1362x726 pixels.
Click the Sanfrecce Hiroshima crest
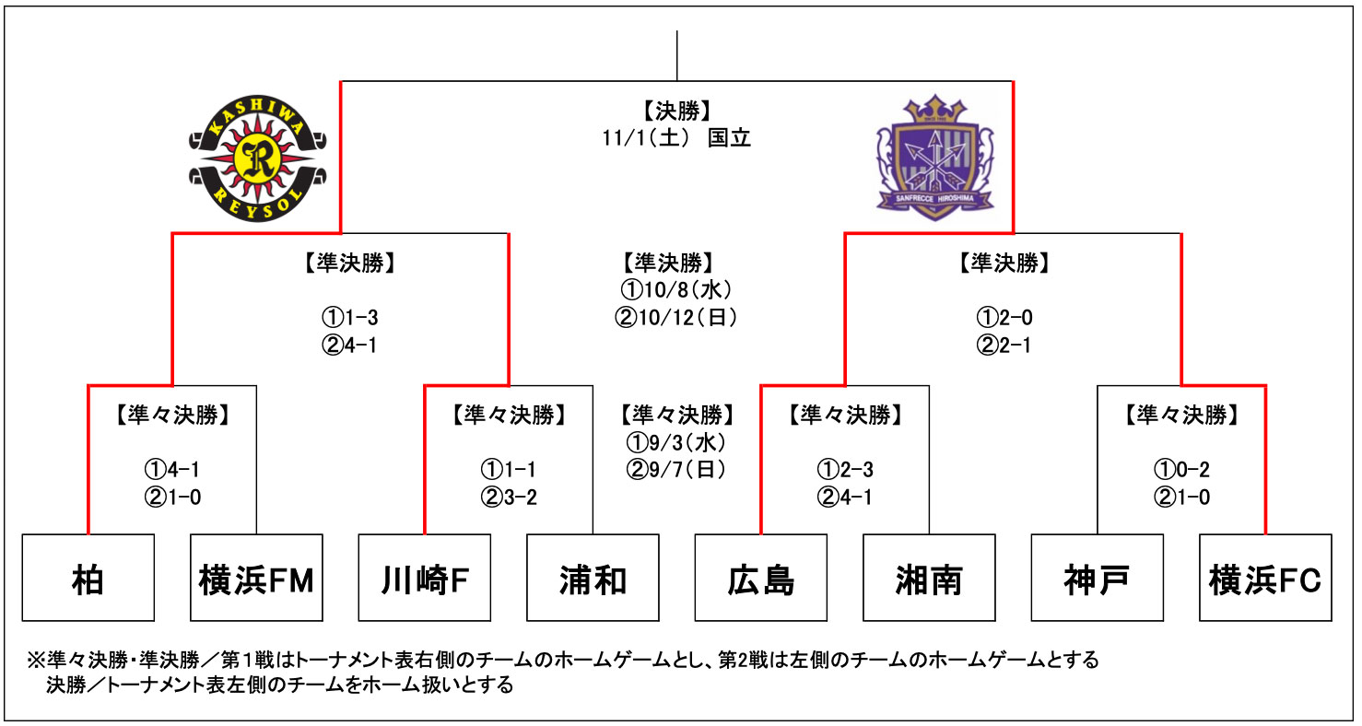pos(934,158)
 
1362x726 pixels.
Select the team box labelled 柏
pos(88,578)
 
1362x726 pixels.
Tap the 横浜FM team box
pos(257,578)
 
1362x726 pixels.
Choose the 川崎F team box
pos(425,578)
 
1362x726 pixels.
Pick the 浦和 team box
pos(593,578)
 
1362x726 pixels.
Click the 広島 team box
pos(761,578)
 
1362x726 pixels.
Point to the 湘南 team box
pos(929,578)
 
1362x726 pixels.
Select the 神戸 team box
pos(1097,578)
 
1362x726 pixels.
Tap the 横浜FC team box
pos(1265,578)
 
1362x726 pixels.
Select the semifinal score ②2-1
pos(1004,345)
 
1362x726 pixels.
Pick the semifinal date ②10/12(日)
pos(676,318)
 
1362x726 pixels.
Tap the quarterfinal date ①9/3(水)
pos(676,442)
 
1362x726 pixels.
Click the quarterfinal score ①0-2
pos(1181,470)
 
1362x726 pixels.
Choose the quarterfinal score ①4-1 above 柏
pos(172,470)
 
